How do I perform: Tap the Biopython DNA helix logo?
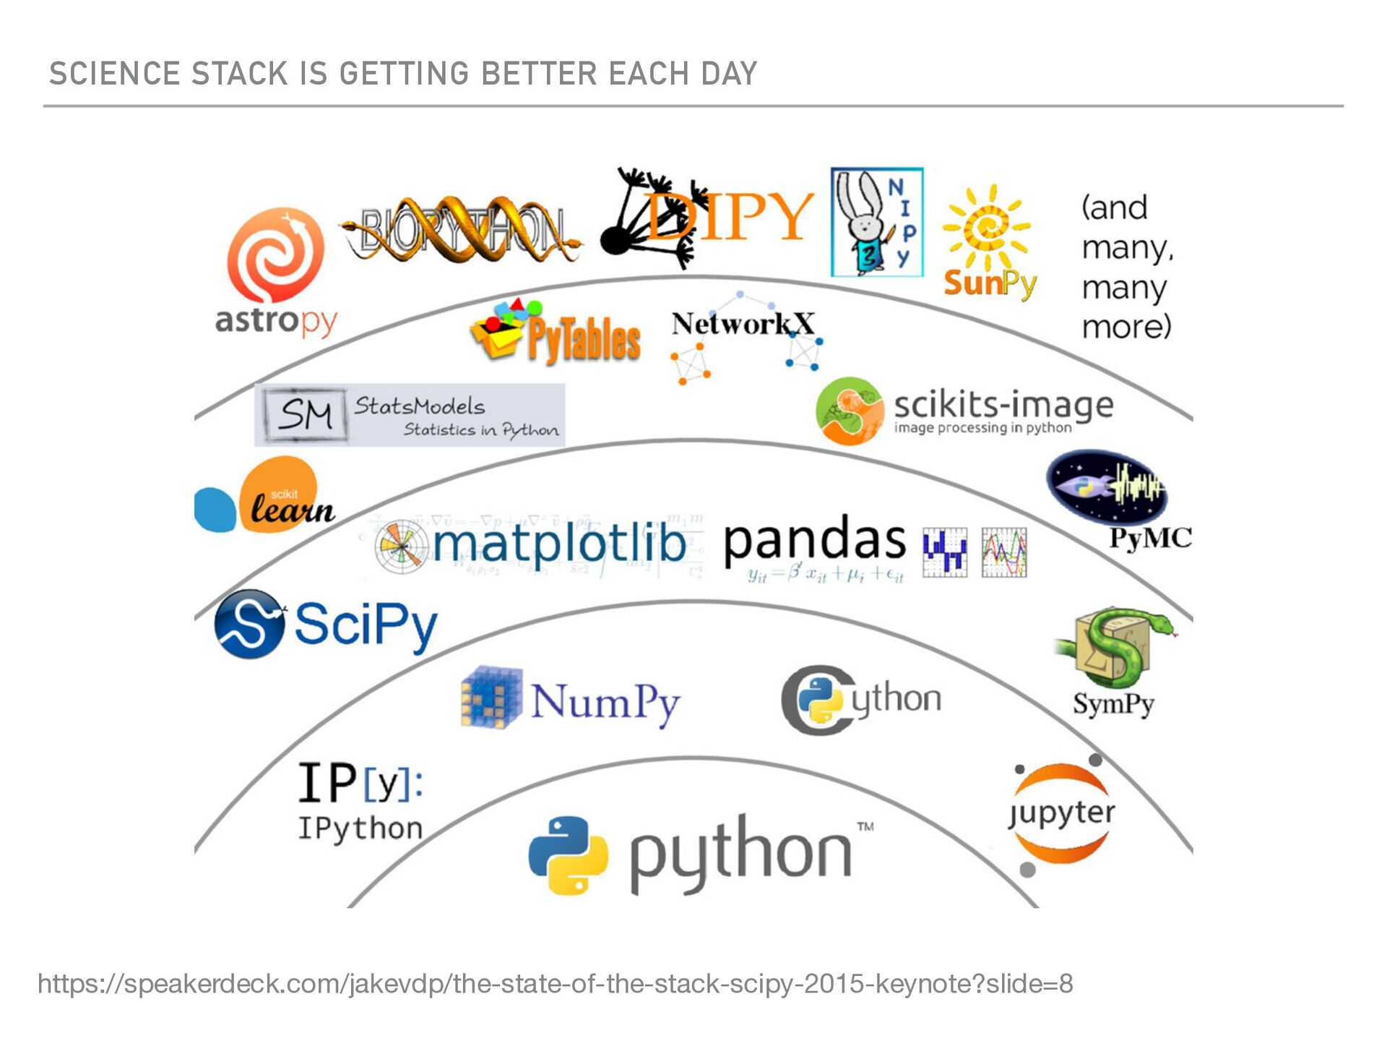pyautogui.click(x=462, y=230)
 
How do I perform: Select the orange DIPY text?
pyautogui.click(x=730, y=215)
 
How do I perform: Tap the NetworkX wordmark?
pyautogui.click(x=743, y=323)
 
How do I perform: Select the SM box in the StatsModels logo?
pyautogui.click(x=306, y=414)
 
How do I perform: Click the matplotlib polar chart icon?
pyautogui.click(x=400, y=547)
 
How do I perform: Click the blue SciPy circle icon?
pyautogui.click(x=249, y=624)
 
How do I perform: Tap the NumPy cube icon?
pyautogui.click(x=492, y=697)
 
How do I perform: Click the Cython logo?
pyautogui.click(x=861, y=700)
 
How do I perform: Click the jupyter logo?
pyautogui.click(x=1061, y=814)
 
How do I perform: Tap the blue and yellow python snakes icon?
pyautogui.click(x=568, y=855)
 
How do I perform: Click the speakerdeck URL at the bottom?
pyautogui.click(x=555, y=984)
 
